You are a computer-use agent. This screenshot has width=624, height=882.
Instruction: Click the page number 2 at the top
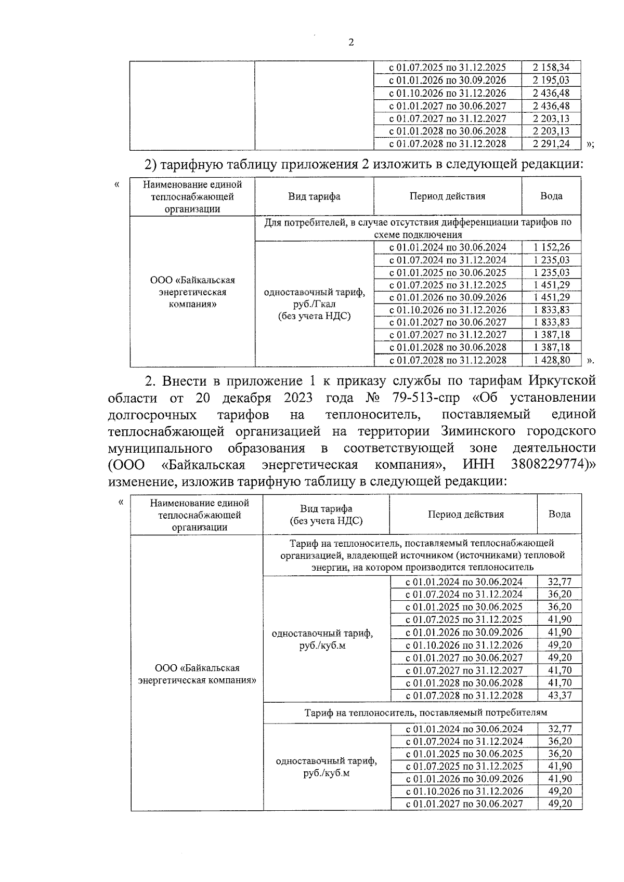point(350,43)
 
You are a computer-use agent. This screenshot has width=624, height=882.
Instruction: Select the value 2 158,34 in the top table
point(551,68)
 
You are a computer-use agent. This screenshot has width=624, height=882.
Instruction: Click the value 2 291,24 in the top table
point(551,144)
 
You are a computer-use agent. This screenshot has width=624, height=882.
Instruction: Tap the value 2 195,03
point(551,81)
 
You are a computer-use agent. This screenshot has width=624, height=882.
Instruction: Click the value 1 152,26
point(551,248)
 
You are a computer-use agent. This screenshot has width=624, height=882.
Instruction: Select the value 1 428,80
point(551,360)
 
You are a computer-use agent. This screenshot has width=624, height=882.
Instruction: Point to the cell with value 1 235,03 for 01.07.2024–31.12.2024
point(551,260)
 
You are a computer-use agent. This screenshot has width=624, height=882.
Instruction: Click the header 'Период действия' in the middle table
point(447,196)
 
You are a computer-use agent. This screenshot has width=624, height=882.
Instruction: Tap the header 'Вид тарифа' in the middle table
point(314,196)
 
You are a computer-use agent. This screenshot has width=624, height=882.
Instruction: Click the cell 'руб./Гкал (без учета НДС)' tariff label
point(314,310)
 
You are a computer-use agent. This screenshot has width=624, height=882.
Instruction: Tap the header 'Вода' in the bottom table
point(560,514)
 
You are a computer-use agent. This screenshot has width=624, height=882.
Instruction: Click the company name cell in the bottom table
point(197,674)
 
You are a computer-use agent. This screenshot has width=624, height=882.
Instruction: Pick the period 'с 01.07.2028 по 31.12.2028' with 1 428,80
point(448,360)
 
